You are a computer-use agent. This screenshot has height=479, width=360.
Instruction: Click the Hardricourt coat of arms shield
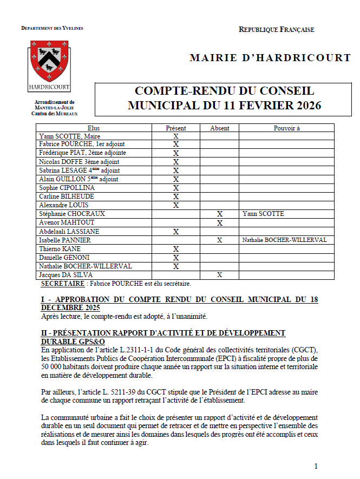point(48,61)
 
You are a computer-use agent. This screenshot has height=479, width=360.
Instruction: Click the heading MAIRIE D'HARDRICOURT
point(270,58)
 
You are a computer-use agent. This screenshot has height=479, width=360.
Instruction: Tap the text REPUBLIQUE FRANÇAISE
point(276,30)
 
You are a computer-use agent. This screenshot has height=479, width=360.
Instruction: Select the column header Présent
point(175,128)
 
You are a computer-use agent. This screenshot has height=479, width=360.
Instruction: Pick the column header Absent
point(219,128)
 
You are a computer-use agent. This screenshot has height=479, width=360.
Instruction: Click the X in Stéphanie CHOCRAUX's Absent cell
point(219,214)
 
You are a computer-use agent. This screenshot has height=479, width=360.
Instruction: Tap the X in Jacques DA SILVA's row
point(219,275)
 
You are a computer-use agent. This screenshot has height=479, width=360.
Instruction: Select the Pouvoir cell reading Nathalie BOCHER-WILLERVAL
point(284,240)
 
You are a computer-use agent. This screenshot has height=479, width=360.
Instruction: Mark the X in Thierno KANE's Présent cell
point(175,249)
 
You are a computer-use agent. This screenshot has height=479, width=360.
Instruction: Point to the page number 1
point(316,466)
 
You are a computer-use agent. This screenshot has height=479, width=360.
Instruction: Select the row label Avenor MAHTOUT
point(67,222)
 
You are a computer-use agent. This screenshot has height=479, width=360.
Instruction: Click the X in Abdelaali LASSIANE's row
point(175,232)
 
